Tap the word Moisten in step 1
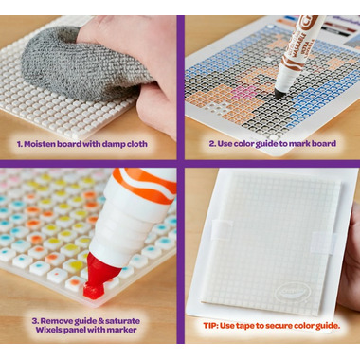click(39, 144)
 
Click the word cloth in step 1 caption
click(137, 144)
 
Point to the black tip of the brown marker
click(279, 94)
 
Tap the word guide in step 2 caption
click(267, 144)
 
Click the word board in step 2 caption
click(324, 144)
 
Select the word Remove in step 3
click(56, 321)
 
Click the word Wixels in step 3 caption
click(48, 330)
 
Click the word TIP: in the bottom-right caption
click(210, 326)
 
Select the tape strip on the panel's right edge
click(323, 243)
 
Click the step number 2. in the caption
click(212, 144)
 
